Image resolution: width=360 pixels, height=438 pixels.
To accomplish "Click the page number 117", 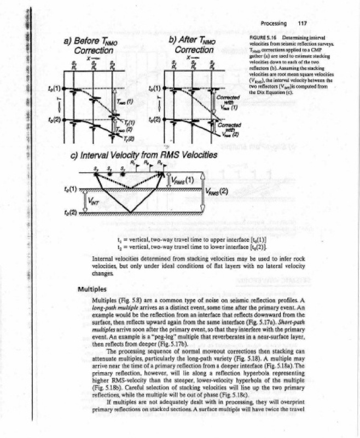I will pyautogui.click(x=300, y=24).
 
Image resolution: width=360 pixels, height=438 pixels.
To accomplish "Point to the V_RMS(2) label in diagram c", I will pyautogui.click(x=217, y=191).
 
